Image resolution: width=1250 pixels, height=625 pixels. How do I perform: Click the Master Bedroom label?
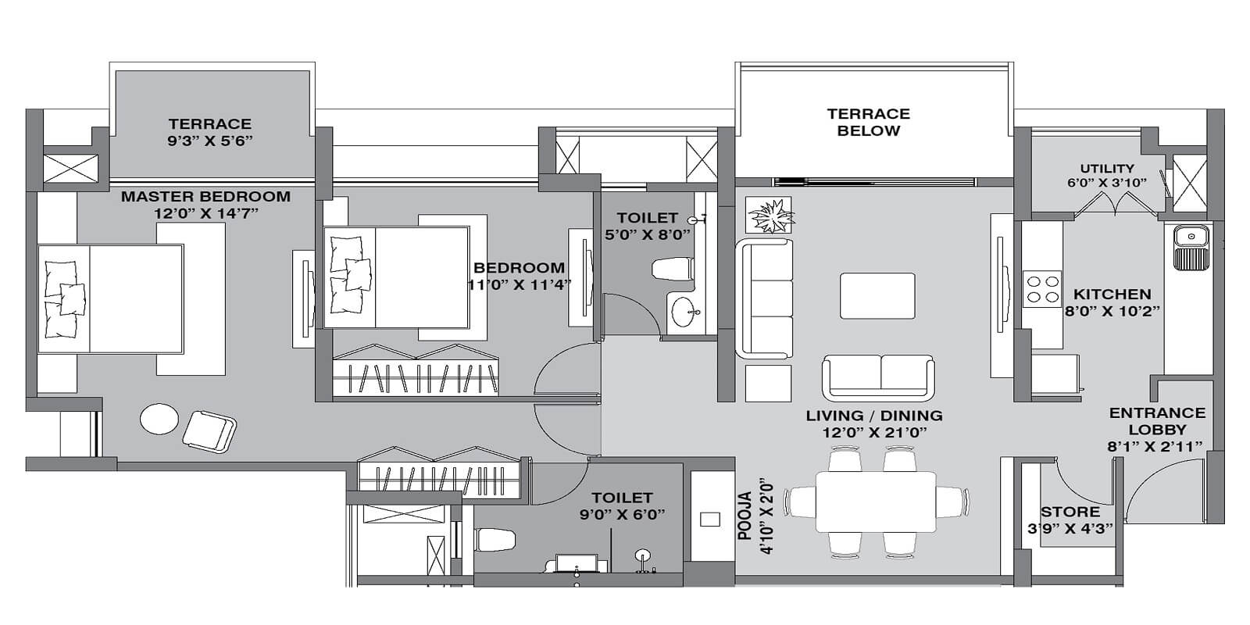pyautogui.click(x=205, y=196)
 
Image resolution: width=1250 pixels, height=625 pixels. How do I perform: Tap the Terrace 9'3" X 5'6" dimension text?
pyautogui.click(x=209, y=141)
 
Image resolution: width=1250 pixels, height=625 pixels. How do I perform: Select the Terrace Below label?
pyautogui.click(x=868, y=123)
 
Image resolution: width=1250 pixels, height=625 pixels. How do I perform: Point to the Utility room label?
pyautogui.click(x=1106, y=169)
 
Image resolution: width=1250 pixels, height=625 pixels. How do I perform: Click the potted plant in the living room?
pyautogui.click(x=770, y=214)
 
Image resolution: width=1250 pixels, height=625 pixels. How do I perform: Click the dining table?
pyautogui.click(x=876, y=501)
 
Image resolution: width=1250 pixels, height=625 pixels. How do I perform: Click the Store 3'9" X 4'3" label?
pyautogui.click(x=1070, y=520)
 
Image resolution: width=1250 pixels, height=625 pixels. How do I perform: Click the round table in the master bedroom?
pyautogui.click(x=159, y=420)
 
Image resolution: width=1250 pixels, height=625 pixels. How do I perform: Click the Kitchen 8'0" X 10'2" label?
pyautogui.click(x=1112, y=302)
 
